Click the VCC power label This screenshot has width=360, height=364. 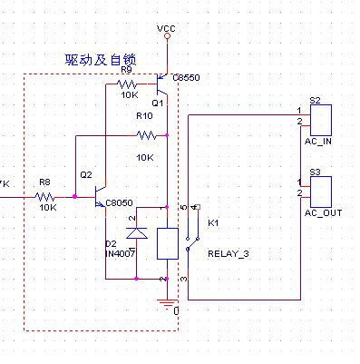pyautogui.click(x=166, y=29)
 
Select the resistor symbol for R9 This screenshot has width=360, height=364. pyautogui.click(x=127, y=84)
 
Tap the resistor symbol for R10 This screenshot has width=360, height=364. pyautogui.click(x=146, y=136)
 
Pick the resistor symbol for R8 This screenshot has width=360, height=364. pyautogui.click(x=46, y=195)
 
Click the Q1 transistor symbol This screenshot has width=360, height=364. pyautogui.click(x=161, y=89)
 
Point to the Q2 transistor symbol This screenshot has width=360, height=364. pyautogui.click(x=97, y=196)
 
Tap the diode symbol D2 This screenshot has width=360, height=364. pyautogui.click(x=137, y=233)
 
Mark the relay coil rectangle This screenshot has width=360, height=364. pyautogui.click(x=168, y=243)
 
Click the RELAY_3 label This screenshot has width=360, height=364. pyautogui.click(x=228, y=253)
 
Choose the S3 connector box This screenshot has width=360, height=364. pyautogui.click(x=322, y=192)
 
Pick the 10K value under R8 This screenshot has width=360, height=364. pyautogui.click(x=48, y=207)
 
